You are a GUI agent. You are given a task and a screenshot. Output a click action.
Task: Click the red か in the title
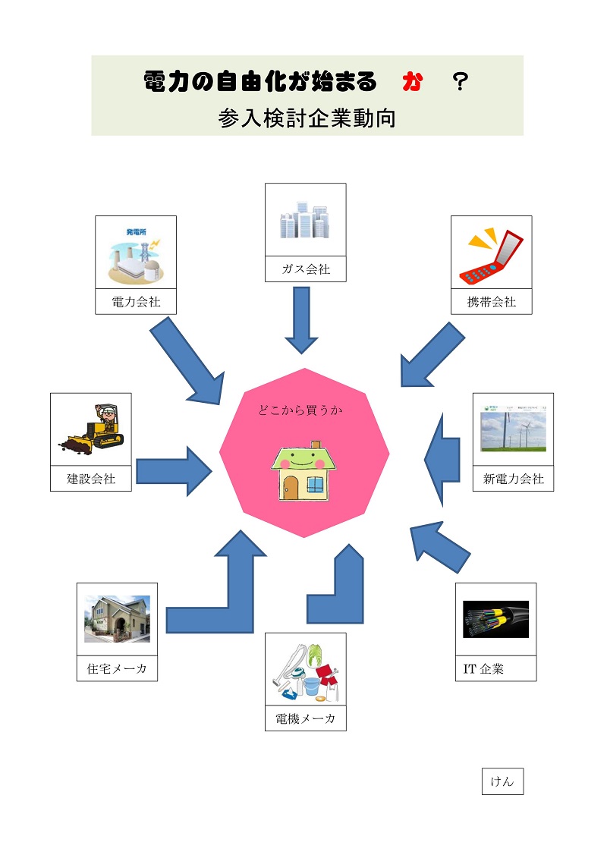point(411,83)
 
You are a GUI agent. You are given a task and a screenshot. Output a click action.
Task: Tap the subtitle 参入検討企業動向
point(307,118)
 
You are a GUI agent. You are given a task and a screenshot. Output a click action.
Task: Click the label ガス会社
point(306,269)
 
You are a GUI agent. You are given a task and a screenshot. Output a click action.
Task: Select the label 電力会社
point(136,301)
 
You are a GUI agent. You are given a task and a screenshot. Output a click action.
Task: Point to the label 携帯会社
point(492,301)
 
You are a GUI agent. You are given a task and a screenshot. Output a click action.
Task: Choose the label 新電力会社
point(513,479)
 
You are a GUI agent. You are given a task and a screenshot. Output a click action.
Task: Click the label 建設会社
point(91,479)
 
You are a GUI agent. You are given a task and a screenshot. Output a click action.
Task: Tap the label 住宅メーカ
point(117,668)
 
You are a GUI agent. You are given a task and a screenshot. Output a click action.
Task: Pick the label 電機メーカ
point(305,718)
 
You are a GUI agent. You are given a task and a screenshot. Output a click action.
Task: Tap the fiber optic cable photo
point(495,620)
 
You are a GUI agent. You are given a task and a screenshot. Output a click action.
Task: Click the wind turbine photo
point(513,429)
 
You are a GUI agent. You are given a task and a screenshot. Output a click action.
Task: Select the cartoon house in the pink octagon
point(303,470)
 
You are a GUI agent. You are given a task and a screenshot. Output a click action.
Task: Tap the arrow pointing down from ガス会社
point(301,320)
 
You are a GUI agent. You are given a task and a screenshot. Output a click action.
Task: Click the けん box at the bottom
point(502,781)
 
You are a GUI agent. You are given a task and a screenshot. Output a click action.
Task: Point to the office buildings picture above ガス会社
point(305,219)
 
